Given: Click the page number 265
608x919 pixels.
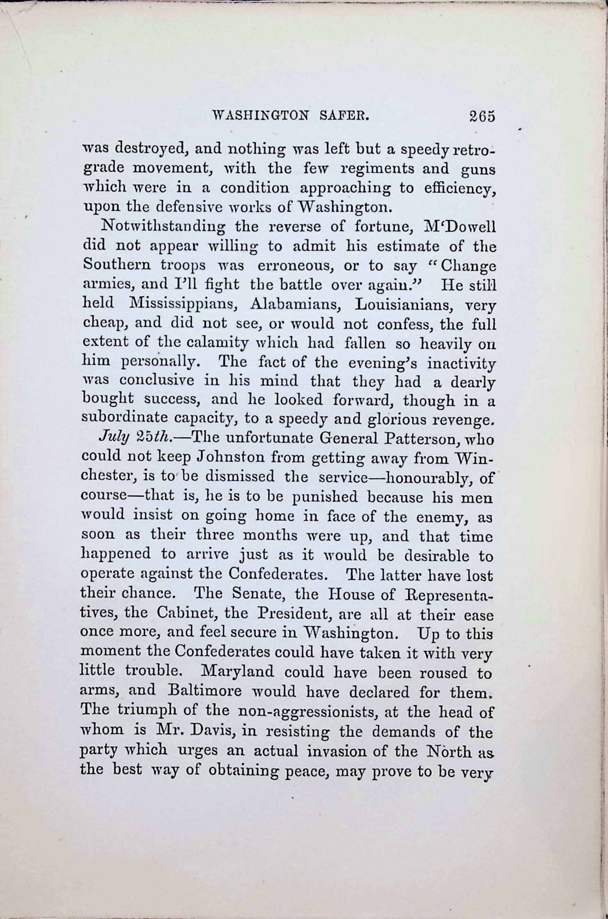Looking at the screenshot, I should pos(482,116).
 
